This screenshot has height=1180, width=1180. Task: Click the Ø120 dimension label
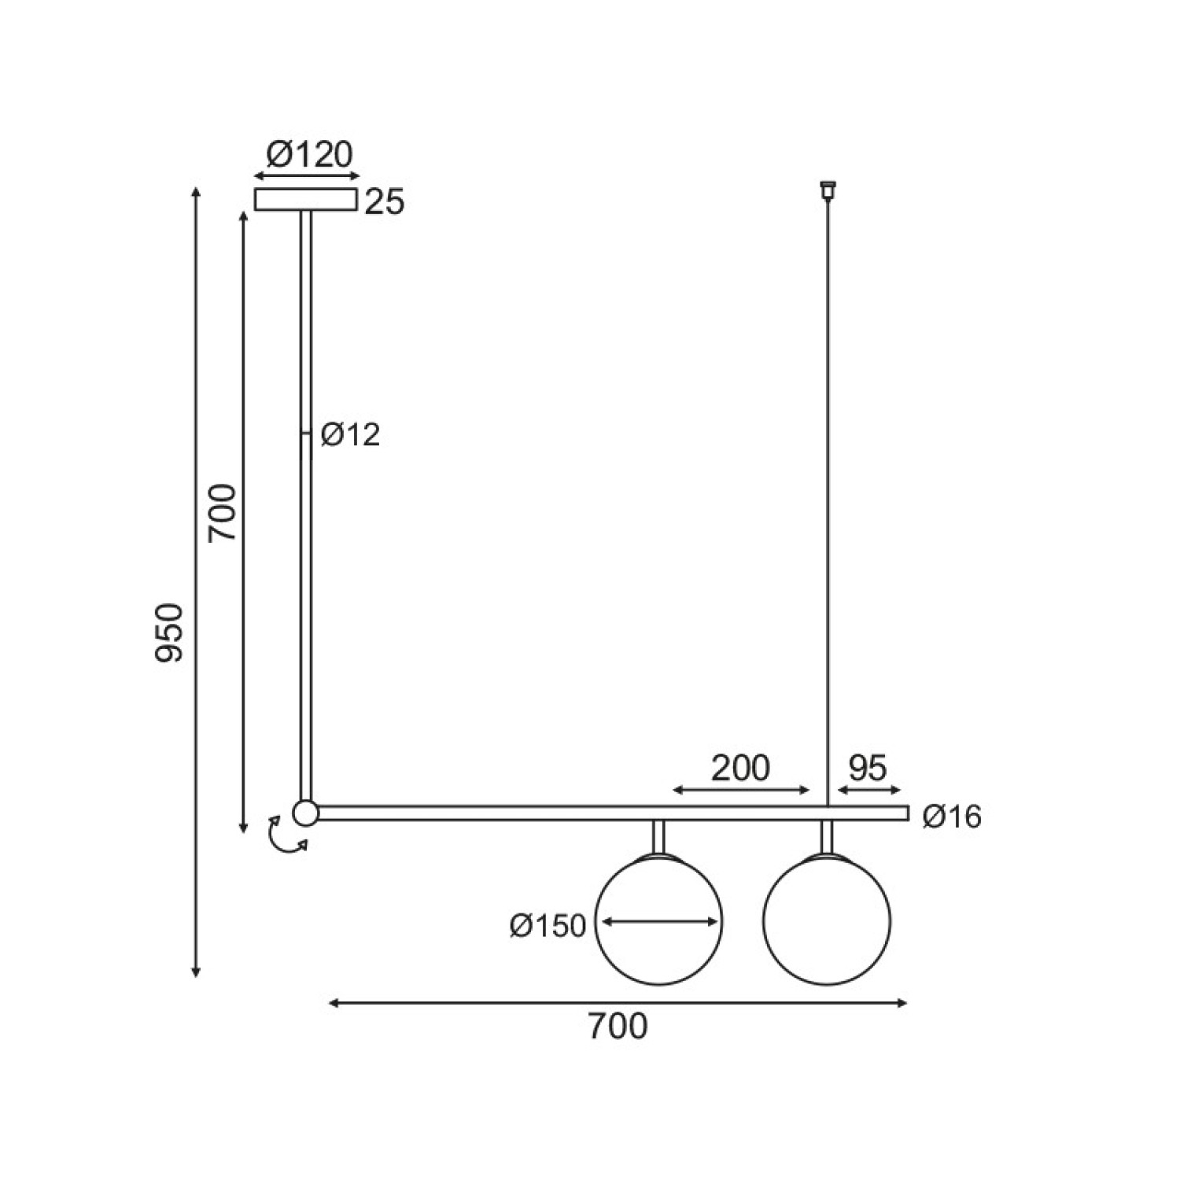point(309,155)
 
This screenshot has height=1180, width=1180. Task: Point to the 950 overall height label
point(170,633)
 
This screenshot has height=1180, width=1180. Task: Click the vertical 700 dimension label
point(222,512)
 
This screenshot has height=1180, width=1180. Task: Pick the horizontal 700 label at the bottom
point(618,1027)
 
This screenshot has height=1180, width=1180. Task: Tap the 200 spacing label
point(740,768)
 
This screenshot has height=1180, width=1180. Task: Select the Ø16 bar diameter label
point(953,817)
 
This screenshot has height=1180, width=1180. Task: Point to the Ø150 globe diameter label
point(548,926)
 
